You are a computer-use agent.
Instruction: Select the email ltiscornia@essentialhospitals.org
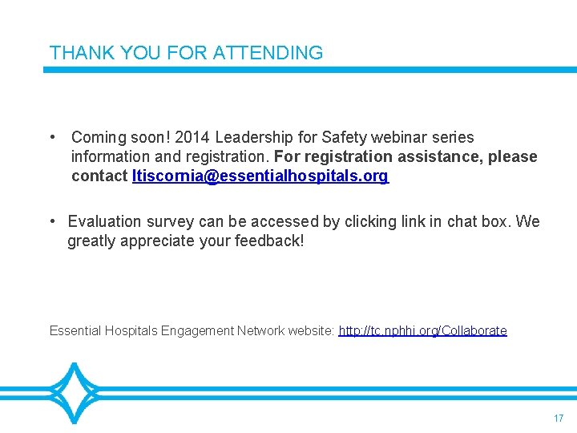point(260,176)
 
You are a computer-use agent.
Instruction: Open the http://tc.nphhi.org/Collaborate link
point(422,330)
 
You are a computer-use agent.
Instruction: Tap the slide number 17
point(559,419)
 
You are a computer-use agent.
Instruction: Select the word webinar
point(394,137)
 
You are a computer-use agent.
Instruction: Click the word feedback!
point(266,241)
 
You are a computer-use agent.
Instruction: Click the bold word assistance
point(446,156)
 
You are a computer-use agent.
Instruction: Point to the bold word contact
point(99,176)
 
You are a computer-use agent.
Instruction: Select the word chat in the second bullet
point(463,221)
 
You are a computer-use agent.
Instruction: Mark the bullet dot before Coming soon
point(51,137)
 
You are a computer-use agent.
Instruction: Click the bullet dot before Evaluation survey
point(51,221)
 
